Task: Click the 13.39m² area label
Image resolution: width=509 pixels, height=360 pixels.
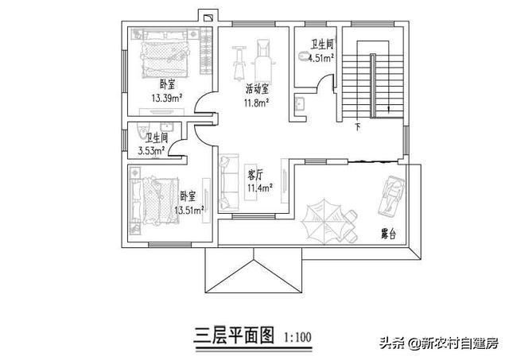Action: coord(166,98)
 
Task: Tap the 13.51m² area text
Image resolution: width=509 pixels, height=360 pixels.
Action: coord(189,210)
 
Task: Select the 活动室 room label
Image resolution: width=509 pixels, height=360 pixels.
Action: coord(257,88)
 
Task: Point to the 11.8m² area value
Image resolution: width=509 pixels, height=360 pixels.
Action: coord(256,103)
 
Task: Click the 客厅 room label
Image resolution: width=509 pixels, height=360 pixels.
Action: coord(255,175)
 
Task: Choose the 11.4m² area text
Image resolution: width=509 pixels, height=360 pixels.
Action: coord(260,188)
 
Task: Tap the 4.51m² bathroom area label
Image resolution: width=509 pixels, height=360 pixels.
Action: coord(321,58)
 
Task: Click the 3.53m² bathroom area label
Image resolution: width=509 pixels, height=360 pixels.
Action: coord(152,151)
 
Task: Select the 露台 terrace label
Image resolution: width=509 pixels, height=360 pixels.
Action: coord(388,234)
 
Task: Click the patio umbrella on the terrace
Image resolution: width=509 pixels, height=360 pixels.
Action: coord(321,220)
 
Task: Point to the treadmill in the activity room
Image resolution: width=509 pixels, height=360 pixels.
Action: coord(262,60)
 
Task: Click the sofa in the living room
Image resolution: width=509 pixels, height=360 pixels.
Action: coord(229,182)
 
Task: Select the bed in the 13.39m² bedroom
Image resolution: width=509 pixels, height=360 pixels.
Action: coord(165,60)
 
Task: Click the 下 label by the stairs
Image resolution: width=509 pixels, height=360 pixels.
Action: coord(358,126)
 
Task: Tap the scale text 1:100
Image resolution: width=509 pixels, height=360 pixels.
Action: coord(297,337)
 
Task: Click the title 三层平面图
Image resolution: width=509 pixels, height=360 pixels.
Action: coord(234,335)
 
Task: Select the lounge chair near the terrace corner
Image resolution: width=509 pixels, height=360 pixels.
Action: coord(392,196)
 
